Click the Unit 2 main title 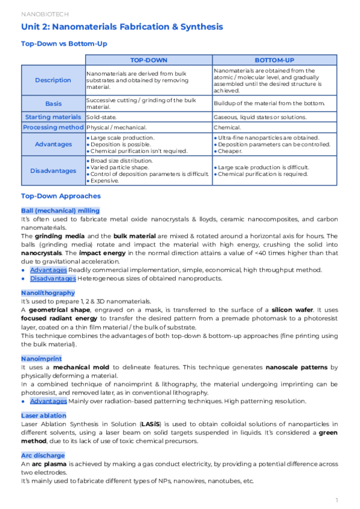[122, 27]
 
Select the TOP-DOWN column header [149, 60]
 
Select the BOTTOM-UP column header [274, 60]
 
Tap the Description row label [53, 80]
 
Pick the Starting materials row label [53, 116]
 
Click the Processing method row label [53, 127]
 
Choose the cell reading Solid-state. [101, 116]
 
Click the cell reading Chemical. [227, 127]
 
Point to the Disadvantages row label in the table [53, 170]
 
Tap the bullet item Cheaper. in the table [232, 151]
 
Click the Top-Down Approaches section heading [61, 196]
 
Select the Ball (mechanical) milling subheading [60, 211]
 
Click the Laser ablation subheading [43, 415]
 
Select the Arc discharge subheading [44, 456]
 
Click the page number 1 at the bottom [337, 499]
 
